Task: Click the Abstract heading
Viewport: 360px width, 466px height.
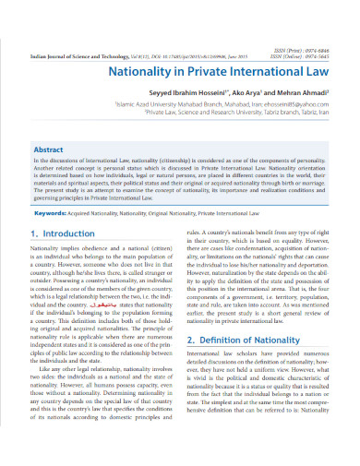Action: [x=48, y=149]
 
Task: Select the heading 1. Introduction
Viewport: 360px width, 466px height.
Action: [x=63, y=234]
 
